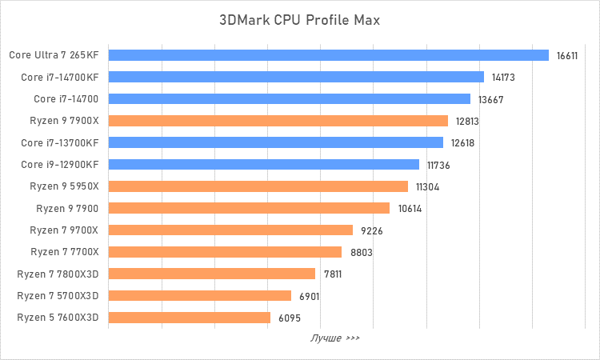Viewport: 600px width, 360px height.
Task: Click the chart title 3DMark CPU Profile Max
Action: point(300,19)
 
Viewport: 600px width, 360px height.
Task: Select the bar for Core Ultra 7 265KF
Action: point(328,55)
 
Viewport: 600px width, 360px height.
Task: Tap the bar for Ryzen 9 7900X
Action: point(278,121)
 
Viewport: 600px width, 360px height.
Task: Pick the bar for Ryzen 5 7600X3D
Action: point(189,318)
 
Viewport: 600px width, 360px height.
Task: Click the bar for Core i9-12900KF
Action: point(263,165)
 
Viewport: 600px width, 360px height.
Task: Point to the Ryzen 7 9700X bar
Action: point(230,230)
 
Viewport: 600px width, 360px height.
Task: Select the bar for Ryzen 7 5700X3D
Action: point(199,296)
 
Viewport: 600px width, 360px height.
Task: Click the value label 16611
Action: point(567,56)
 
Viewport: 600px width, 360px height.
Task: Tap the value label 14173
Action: point(503,78)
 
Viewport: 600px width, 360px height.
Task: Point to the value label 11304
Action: point(427,187)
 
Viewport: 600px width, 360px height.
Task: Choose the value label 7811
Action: point(334,274)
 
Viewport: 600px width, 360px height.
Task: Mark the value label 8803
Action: point(362,253)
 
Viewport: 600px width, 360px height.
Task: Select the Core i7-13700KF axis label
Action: point(60,143)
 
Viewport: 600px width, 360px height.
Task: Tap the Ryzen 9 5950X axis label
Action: point(64,186)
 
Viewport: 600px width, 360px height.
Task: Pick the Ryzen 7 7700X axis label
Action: point(64,252)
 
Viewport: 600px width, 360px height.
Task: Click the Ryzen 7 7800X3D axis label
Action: point(58,274)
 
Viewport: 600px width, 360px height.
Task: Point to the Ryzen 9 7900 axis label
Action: point(67,209)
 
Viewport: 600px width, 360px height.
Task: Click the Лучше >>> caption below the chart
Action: point(335,338)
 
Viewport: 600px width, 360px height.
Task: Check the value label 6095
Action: point(290,318)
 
